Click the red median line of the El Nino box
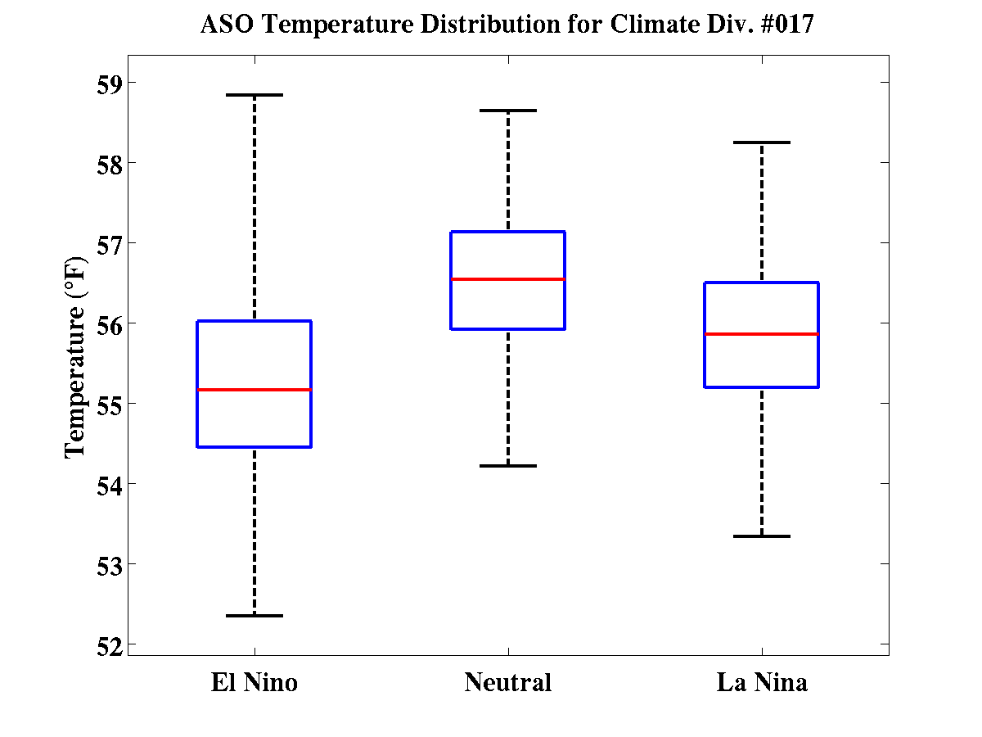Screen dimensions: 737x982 point(254,390)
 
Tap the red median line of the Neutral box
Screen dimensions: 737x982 point(508,279)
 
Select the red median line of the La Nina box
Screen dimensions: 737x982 point(762,334)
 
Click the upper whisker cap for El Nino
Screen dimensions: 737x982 point(254,95)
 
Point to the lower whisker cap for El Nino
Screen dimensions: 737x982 point(254,615)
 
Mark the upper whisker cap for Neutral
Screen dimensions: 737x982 point(508,110)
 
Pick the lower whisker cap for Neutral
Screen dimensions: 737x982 point(508,466)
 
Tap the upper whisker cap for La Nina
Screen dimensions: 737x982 point(762,142)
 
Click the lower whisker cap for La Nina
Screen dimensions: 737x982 point(762,536)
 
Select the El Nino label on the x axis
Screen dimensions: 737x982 point(254,682)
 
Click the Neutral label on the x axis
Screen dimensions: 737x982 point(508,682)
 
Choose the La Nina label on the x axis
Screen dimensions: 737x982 point(762,682)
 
